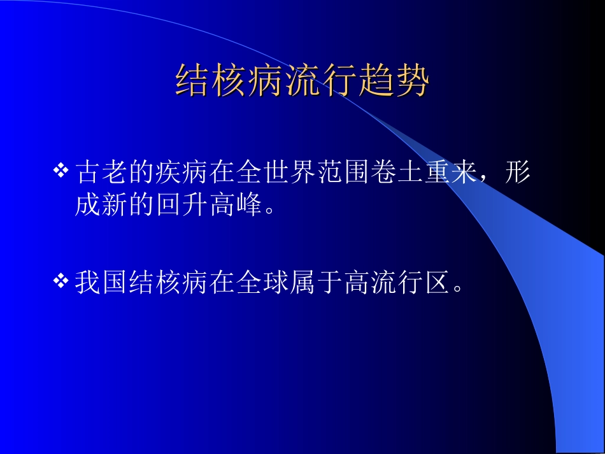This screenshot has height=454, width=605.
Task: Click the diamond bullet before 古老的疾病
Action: click(x=60, y=170)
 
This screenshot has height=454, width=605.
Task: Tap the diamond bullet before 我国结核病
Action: click(x=60, y=280)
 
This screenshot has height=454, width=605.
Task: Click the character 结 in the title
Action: click(x=191, y=81)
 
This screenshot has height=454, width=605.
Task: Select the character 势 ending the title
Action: click(x=413, y=81)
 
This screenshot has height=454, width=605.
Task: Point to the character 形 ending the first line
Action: click(x=517, y=171)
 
